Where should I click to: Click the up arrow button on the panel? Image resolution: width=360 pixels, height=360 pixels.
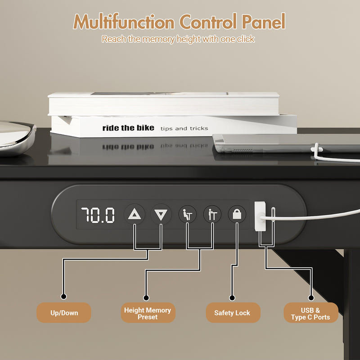pos(135,215)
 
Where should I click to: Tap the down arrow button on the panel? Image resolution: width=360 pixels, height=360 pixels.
pos(161,215)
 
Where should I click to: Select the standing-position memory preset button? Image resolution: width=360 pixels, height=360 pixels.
pos(212,215)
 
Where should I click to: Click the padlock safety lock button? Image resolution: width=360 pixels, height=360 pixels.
pos(237,215)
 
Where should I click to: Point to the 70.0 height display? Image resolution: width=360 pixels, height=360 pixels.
pos(98,216)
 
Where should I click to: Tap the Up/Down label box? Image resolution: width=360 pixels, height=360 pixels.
pos(64,313)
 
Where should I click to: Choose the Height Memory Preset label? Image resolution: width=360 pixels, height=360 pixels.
pos(148,313)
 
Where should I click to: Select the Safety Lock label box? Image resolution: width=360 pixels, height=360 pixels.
pos(232,313)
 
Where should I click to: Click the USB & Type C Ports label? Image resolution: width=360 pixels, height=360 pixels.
pos(310,313)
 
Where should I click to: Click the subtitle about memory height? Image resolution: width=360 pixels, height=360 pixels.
pos(178,39)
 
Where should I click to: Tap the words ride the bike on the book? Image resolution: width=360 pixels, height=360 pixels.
pos(128,128)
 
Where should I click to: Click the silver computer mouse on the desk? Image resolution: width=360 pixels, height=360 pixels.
pos(16,138)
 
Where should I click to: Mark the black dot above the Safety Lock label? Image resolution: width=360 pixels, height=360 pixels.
pos(232,297)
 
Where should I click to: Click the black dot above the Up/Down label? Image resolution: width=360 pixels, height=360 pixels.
pos(64,297)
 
